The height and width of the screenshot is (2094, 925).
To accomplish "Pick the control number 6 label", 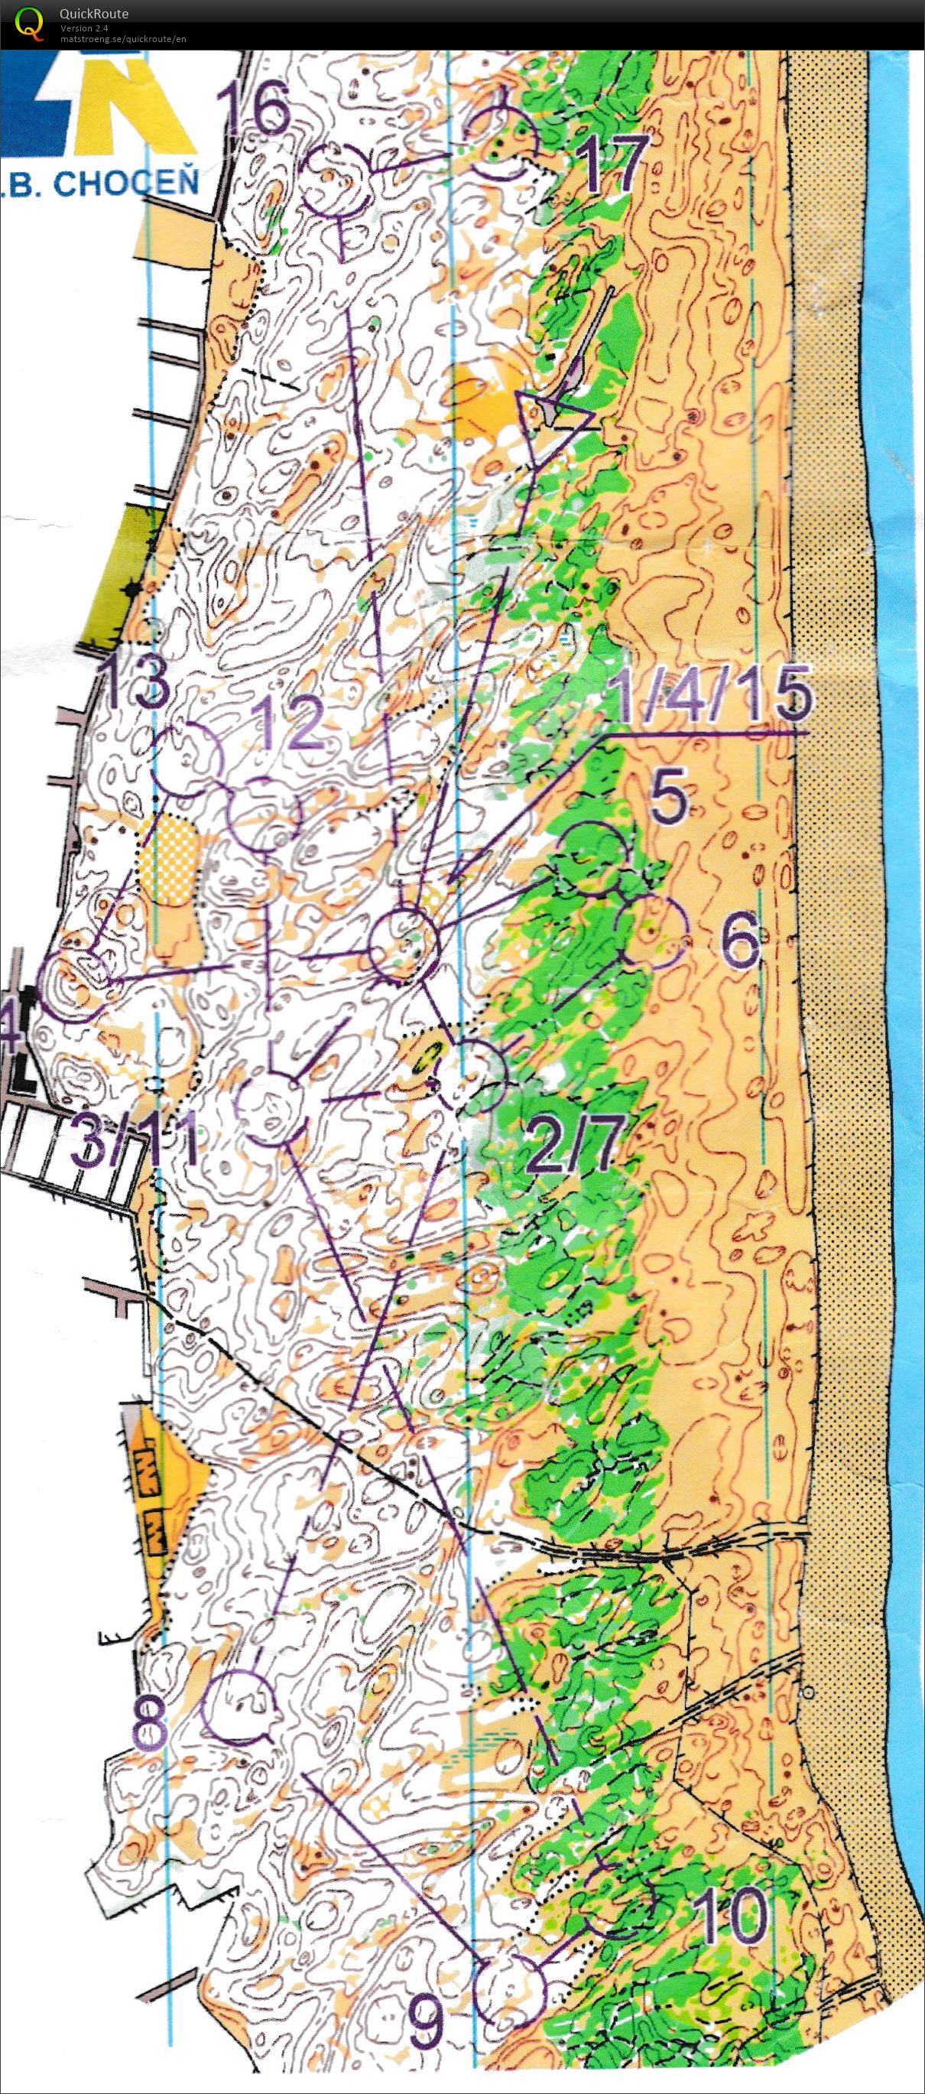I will tap(738, 943).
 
